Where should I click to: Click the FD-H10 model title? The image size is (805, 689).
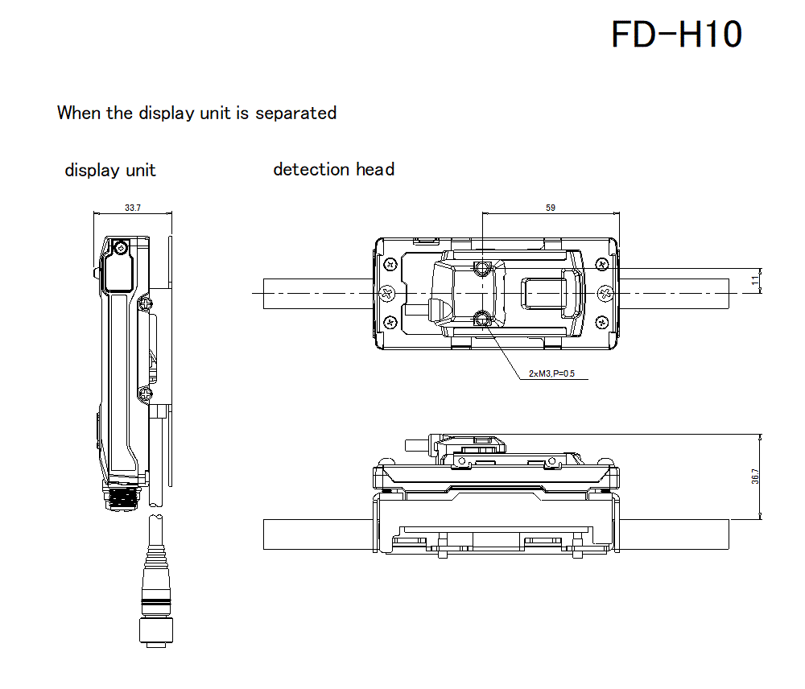(x=676, y=35)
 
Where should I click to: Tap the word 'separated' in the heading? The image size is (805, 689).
(x=295, y=113)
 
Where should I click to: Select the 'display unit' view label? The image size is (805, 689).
(x=110, y=171)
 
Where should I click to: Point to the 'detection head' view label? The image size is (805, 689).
(x=333, y=169)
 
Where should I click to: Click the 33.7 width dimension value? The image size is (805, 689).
(x=133, y=208)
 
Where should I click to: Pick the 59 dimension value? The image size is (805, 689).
(x=551, y=208)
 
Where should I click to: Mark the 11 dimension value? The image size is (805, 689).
(x=754, y=280)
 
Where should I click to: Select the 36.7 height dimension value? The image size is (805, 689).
(x=754, y=477)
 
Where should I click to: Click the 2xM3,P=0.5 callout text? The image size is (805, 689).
(x=551, y=373)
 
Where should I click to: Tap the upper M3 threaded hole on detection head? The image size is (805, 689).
(x=482, y=268)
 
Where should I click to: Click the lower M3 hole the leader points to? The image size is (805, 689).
(x=482, y=320)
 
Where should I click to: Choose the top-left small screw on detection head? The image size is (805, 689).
(x=390, y=263)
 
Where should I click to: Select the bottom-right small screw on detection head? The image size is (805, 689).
(x=601, y=324)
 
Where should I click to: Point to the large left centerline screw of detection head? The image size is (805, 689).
(x=386, y=294)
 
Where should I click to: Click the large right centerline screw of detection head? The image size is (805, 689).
(x=605, y=294)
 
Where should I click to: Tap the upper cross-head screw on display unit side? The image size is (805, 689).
(x=145, y=303)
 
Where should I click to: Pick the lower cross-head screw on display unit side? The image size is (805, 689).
(x=145, y=394)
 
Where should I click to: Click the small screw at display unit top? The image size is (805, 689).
(x=122, y=247)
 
